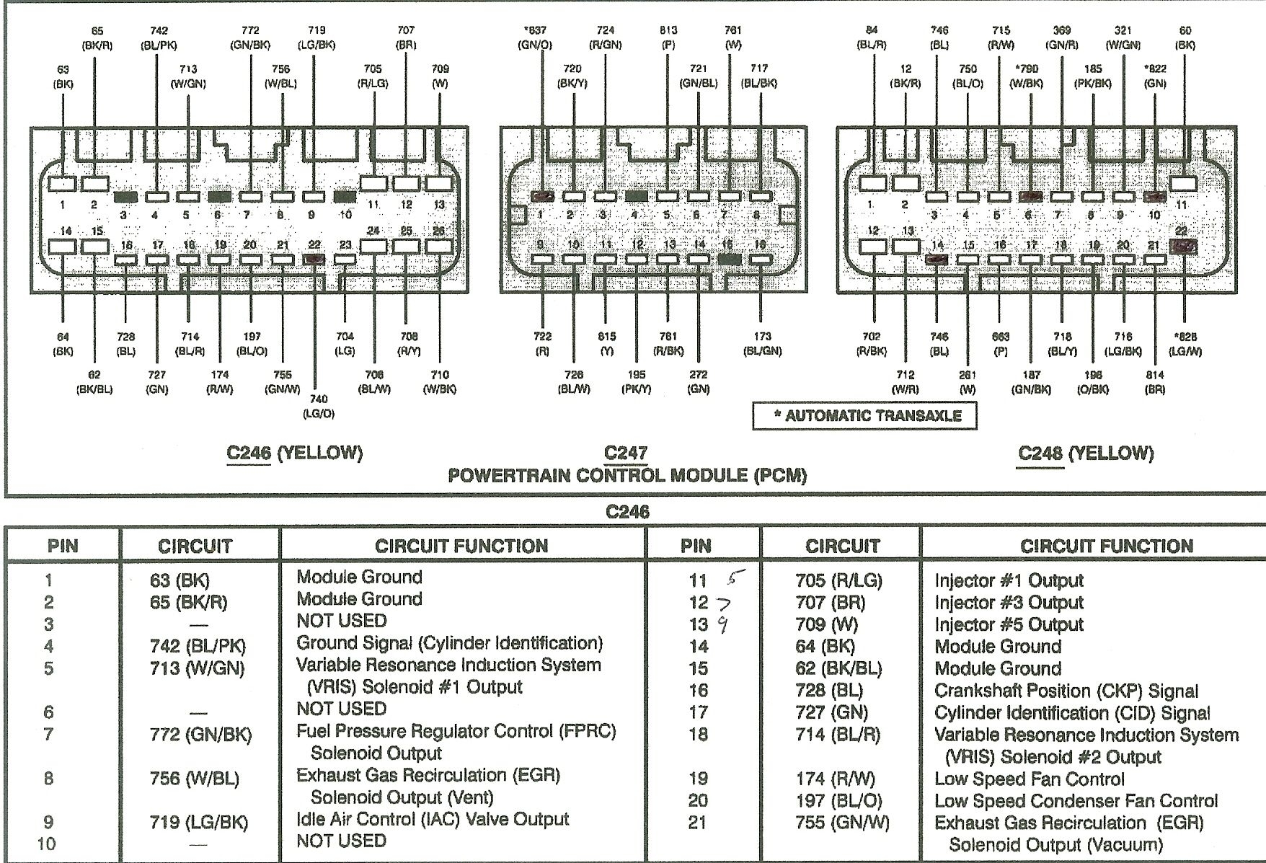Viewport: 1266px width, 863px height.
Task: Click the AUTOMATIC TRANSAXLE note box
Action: click(865, 416)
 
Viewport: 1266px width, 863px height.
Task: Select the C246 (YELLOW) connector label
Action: click(294, 453)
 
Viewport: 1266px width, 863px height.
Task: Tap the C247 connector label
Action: click(626, 453)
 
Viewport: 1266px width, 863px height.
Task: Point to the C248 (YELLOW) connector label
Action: click(1086, 453)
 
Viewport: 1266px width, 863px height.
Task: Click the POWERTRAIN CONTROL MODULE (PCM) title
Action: click(627, 476)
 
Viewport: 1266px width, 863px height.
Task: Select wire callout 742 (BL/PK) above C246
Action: click(159, 37)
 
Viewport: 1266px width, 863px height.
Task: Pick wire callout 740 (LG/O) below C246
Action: click(318, 406)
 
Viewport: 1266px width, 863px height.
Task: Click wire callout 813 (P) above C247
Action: click(668, 37)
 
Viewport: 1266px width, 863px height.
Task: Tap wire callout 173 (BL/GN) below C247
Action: click(762, 344)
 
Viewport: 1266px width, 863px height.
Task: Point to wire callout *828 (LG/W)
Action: click(1185, 344)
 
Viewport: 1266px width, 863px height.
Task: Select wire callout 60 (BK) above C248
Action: click(1185, 37)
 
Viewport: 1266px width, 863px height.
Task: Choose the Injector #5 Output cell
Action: click(1009, 625)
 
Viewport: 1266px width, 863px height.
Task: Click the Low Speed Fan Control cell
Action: click(1029, 779)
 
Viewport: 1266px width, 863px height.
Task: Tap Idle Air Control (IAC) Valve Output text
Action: click(433, 820)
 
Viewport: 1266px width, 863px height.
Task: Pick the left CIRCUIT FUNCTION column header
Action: click(461, 546)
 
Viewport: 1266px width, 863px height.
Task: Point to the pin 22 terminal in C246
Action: click(314, 260)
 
